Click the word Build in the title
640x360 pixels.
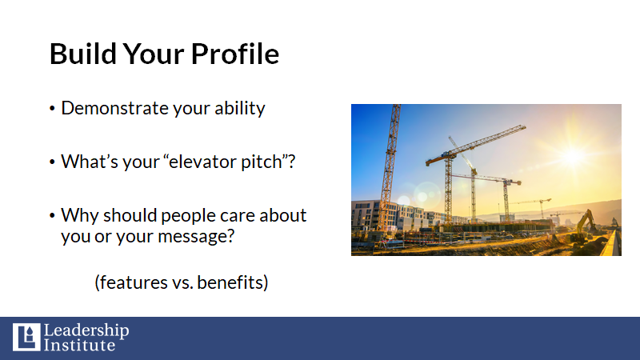(83, 54)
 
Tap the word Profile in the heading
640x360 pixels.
(235, 54)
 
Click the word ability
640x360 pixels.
(240, 109)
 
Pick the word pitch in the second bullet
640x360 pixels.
(262, 162)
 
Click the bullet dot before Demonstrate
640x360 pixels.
(52, 109)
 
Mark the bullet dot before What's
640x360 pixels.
(52, 162)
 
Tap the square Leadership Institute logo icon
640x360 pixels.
(26, 337)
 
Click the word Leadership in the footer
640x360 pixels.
(86, 330)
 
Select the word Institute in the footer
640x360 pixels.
(79, 346)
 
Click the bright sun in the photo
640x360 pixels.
(573, 156)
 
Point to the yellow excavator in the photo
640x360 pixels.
(585, 227)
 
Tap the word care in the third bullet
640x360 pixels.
(236, 216)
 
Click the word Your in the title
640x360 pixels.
(154, 54)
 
